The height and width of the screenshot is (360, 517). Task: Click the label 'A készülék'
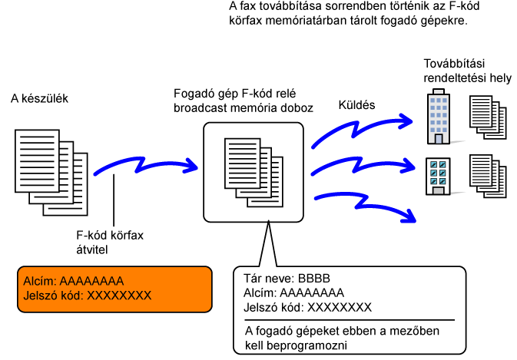(x=39, y=98)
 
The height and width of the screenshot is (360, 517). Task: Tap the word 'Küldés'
(x=356, y=105)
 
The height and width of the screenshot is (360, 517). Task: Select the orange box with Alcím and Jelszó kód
(x=114, y=289)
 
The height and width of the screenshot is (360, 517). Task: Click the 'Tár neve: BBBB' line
(x=287, y=279)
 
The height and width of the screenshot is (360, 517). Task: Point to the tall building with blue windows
(x=438, y=117)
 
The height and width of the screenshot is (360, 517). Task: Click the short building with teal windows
(x=438, y=177)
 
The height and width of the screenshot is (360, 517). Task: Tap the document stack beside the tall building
(x=488, y=117)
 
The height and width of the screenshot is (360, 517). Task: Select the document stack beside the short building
(x=488, y=177)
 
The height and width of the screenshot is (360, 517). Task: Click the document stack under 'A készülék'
(x=51, y=173)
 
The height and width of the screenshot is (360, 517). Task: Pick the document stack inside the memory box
(x=254, y=173)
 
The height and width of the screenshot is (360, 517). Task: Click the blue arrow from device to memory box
(x=144, y=165)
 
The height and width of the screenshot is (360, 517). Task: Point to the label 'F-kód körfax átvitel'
(x=110, y=243)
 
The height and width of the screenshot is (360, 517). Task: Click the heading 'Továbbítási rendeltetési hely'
(x=467, y=71)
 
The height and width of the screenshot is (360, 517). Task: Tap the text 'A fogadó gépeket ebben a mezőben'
(x=342, y=331)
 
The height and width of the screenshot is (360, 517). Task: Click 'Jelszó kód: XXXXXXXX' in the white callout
(x=307, y=308)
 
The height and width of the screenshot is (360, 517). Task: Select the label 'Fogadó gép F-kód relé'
(x=235, y=94)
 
